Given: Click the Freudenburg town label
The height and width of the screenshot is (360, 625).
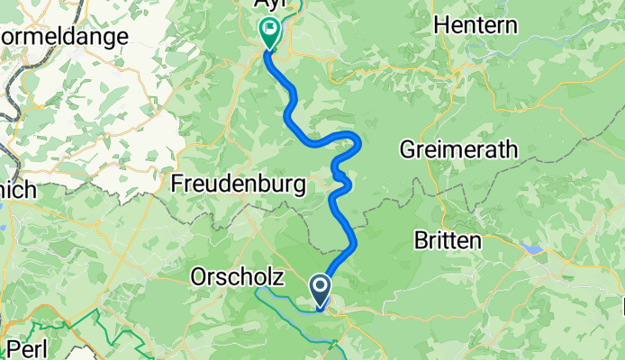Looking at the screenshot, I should point(238,184).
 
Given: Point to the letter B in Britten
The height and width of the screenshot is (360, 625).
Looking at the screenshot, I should point(420,241).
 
